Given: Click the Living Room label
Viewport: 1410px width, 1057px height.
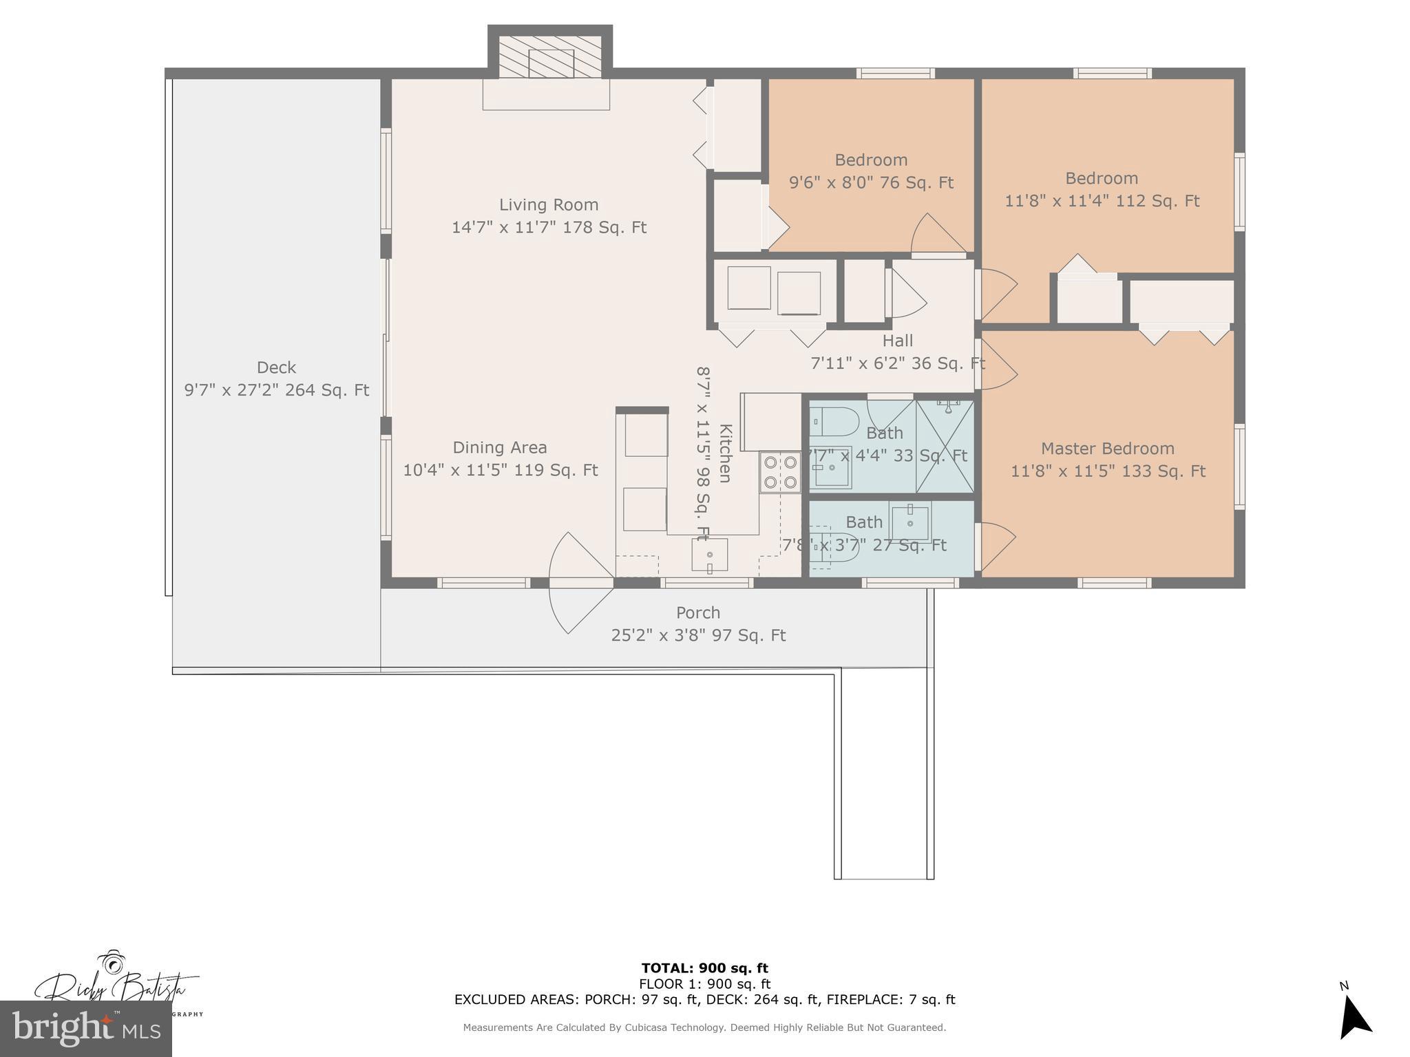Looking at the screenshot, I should click(548, 204).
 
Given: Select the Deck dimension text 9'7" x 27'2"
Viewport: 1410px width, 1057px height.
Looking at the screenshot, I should click(276, 390).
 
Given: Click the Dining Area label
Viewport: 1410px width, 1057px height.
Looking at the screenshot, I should click(499, 447).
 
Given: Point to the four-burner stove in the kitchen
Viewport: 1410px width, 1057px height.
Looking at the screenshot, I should click(780, 472).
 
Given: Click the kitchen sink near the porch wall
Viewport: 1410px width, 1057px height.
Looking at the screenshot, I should click(709, 554).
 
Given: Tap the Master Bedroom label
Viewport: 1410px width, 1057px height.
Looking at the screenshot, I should click(1107, 449).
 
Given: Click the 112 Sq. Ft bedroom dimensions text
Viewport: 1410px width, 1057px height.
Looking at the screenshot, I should click(1102, 201).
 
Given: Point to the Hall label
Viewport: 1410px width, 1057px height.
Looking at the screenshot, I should click(897, 341).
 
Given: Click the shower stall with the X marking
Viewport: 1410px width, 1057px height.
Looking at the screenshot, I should click(945, 447).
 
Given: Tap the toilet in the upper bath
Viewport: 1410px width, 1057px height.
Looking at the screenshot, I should click(834, 421).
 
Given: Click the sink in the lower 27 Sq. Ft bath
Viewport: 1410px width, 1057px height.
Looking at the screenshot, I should click(909, 522).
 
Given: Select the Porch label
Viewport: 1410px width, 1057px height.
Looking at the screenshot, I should click(697, 612).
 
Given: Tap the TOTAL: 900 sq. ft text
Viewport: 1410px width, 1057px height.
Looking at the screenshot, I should click(704, 968).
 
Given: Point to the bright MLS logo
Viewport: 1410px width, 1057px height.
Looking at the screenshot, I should click(85, 1028).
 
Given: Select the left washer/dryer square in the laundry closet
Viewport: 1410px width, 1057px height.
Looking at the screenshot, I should click(748, 288).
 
